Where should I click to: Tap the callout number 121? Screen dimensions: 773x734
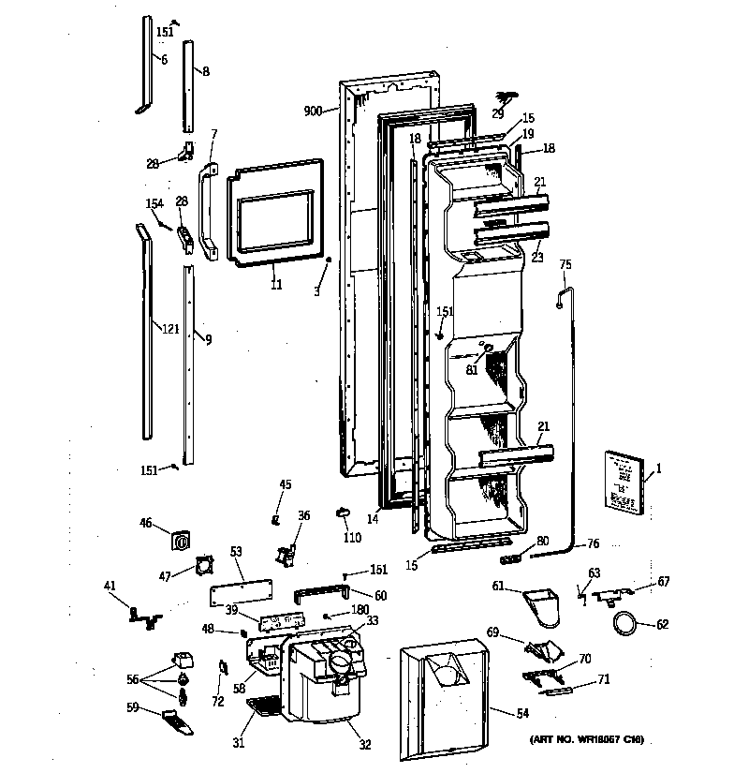pos(169,329)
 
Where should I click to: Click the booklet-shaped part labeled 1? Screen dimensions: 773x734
pos(624,482)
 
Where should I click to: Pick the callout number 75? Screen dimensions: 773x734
pos(565,265)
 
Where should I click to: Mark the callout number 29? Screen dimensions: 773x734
pos(498,113)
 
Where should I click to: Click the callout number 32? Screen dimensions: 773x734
pos(364,745)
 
